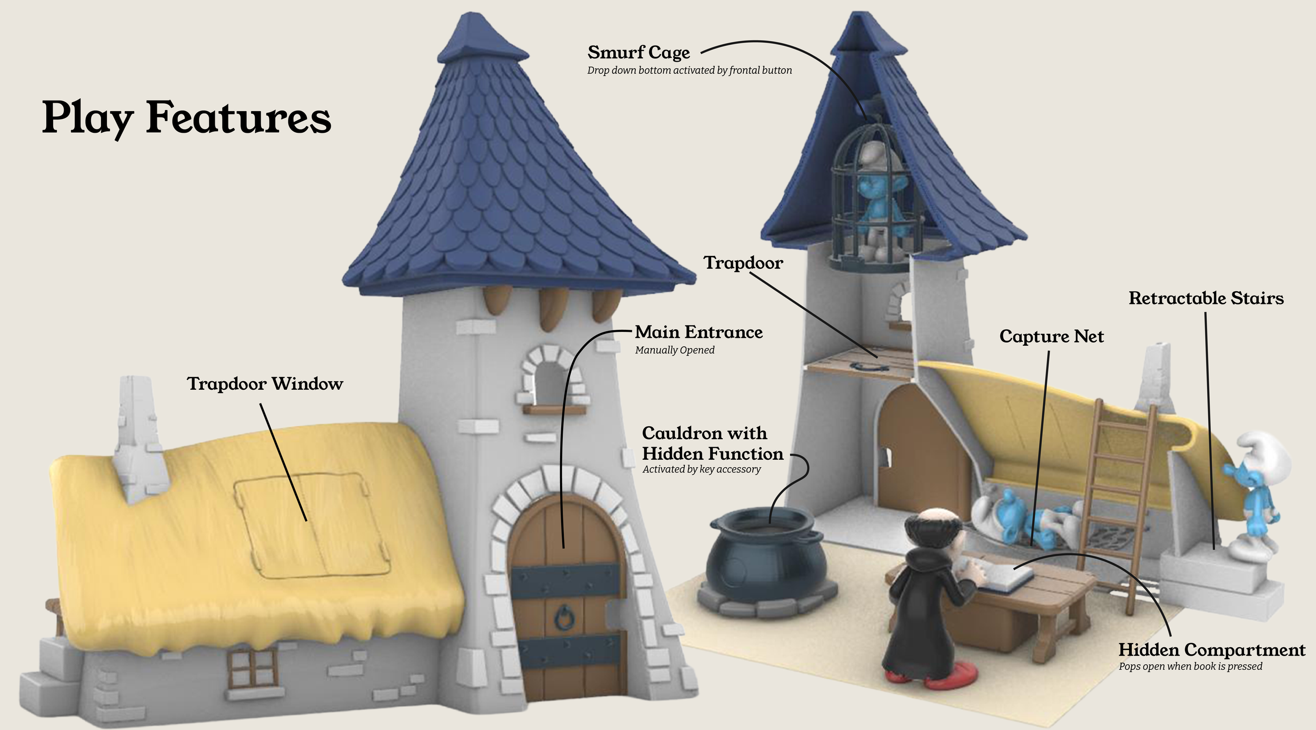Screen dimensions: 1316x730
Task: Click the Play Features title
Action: tap(186, 117)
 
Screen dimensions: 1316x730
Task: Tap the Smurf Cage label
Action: tap(638, 53)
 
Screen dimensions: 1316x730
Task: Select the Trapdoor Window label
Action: tap(265, 383)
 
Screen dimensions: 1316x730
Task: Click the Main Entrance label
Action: tap(699, 332)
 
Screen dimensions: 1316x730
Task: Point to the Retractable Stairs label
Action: tap(1205, 298)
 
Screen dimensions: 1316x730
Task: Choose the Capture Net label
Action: tap(1051, 336)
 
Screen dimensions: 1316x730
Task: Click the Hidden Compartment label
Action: tap(1211, 649)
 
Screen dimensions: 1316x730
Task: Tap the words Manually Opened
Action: tap(674, 350)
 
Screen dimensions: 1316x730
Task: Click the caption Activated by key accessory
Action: tap(701, 469)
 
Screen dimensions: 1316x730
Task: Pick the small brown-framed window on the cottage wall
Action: tap(252, 667)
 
